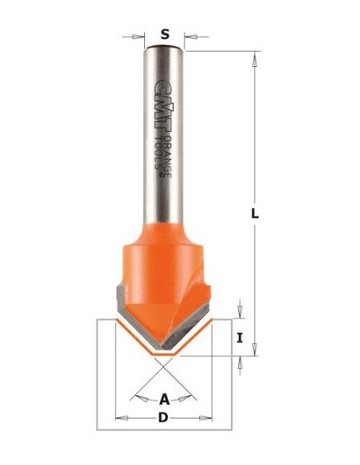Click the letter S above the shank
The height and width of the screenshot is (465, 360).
(x=165, y=33)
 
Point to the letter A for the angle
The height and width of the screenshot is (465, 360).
(x=165, y=398)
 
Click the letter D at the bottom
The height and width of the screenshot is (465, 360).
(x=165, y=439)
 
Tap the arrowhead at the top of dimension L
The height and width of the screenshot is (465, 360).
(x=256, y=57)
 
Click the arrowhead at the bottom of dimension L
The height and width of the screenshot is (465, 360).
(x=256, y=350)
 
